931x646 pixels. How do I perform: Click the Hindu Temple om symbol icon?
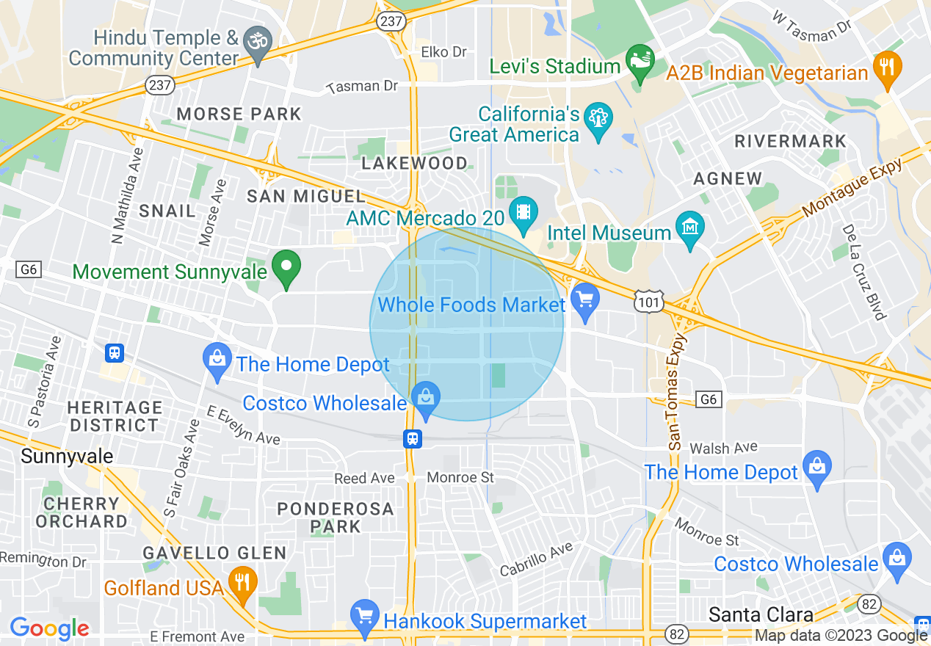coord(258,39)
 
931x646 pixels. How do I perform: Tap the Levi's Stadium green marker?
coord(639,62)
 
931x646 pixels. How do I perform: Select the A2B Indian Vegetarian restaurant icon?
coord(887,68)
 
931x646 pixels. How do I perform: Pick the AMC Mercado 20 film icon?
coord(523,212)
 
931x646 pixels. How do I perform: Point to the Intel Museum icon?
coord(690,230)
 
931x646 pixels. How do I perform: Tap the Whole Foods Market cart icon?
coord(585,300)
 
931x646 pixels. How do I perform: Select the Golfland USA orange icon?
coord(242,581)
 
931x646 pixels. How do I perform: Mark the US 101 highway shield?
coord(651,301)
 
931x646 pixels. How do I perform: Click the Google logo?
coord(49,628)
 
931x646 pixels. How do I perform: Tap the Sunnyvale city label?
coord(67,456)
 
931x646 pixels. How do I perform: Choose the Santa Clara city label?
coord(761,614)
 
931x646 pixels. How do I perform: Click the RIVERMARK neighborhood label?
coord(790,141)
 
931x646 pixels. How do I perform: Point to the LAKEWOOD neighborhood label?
coord(414,163)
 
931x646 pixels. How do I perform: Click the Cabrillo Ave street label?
coord(536,560)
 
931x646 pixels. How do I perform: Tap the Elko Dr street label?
coord(443,52)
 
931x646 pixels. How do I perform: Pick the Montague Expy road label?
coord(853,189)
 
